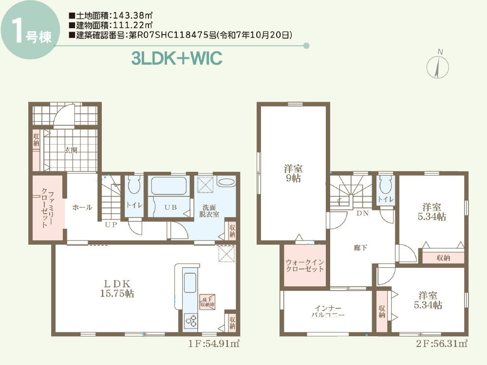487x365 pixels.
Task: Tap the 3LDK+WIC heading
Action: pos(177,58)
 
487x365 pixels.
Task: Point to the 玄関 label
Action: pos(71,150)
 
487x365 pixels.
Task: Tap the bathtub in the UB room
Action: pos(170,186)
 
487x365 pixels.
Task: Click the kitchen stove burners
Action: pos(190,321)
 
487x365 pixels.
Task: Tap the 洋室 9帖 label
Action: pos(293,173)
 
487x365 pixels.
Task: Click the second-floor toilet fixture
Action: pos(384,185)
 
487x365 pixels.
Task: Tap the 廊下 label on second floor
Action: pos(360,248)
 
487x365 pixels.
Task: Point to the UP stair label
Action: pos(111,225)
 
